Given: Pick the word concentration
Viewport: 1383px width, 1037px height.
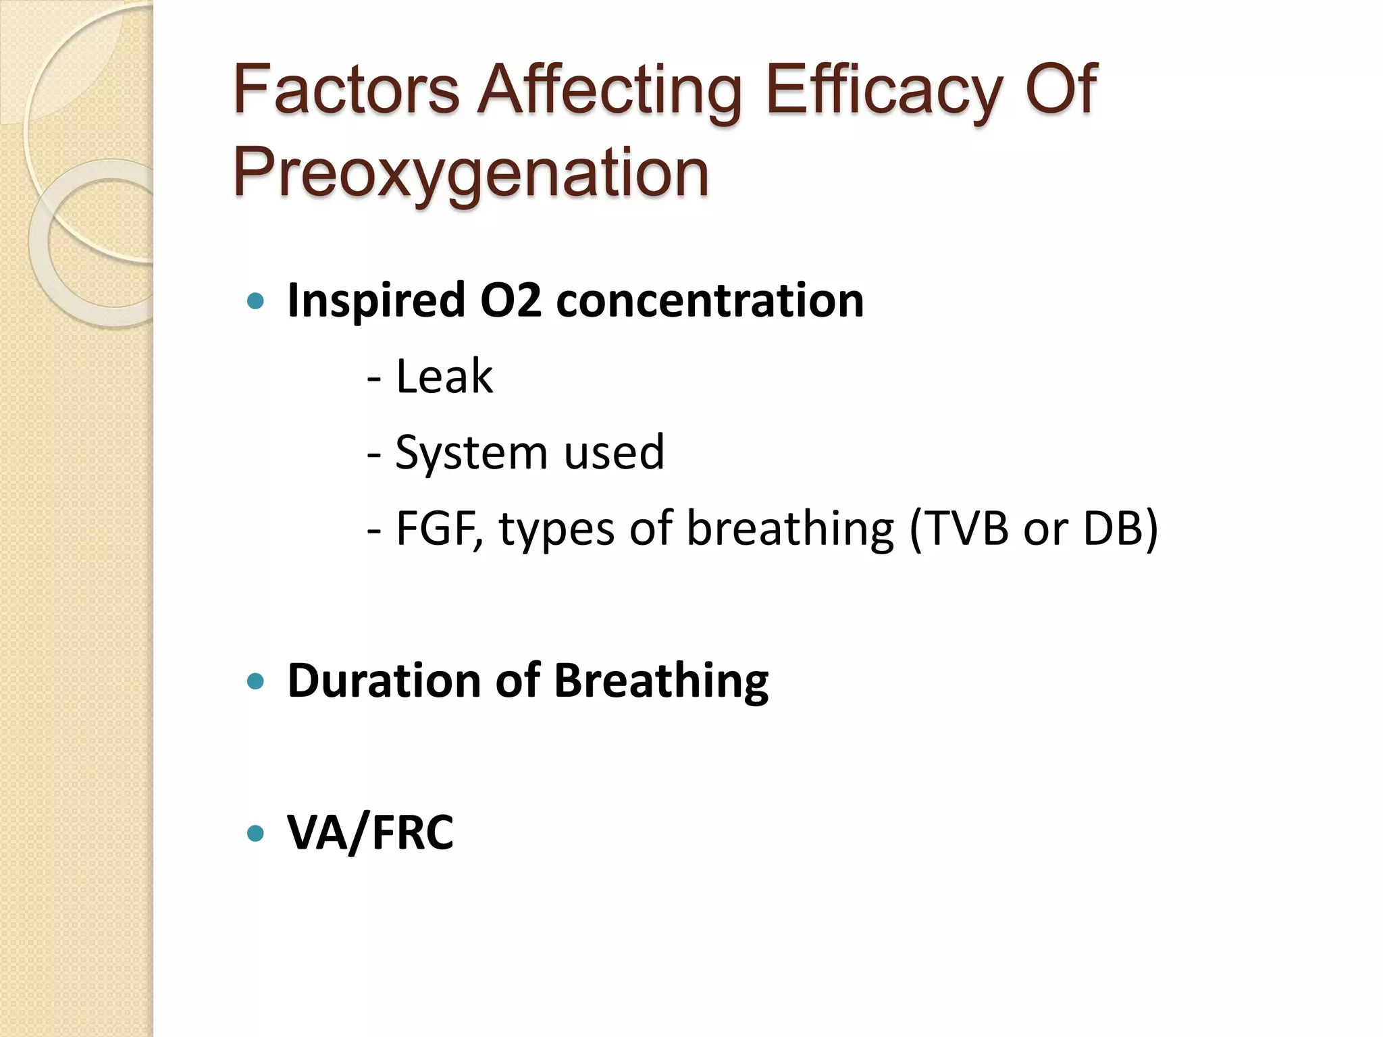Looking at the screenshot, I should pos(710,300).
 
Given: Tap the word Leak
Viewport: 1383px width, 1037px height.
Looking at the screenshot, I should pos(444,376).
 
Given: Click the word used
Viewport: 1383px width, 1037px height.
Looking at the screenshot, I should pos(615,452).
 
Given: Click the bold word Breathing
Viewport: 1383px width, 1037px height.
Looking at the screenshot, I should pos(661,680).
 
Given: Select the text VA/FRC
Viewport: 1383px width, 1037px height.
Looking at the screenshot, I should pos(370,832).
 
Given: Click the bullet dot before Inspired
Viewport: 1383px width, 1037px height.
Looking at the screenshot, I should pos(255,301).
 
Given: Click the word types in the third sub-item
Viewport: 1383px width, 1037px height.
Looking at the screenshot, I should pos(556,528).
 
